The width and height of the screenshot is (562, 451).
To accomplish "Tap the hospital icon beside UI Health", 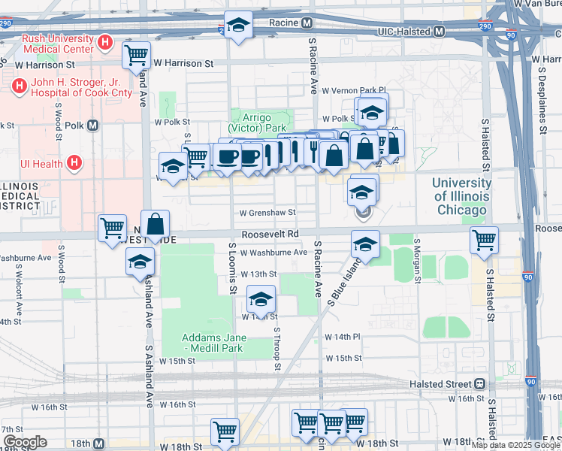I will click(74, 162).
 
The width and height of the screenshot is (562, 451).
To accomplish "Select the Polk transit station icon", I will click(93, 126).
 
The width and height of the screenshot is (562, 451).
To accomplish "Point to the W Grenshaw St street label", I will click(267, 213).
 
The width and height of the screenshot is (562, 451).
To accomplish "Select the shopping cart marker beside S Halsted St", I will click(484, 241).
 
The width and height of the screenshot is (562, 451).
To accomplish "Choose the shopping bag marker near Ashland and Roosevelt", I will click(155, 224).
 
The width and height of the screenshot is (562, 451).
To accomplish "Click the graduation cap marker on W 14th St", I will click(261, 301).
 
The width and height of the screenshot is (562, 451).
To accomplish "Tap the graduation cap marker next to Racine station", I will click(239, 27).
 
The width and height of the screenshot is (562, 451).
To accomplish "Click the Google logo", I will click(25, 442).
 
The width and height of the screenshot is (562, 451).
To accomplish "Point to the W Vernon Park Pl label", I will click(353, 90).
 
